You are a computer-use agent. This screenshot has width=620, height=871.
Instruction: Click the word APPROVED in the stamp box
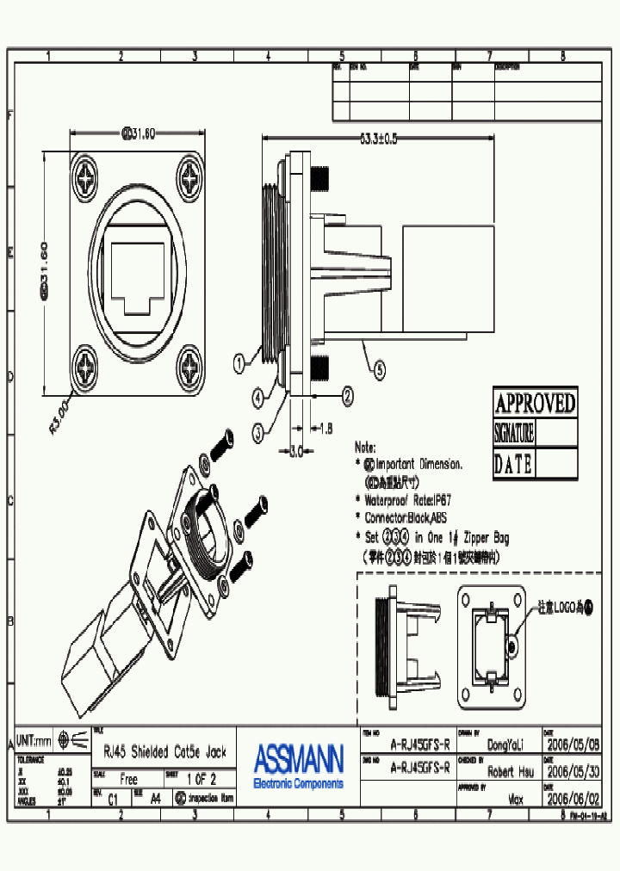click(x=535, y=402)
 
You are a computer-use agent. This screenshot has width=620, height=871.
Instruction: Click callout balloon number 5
click(x=380, y=372)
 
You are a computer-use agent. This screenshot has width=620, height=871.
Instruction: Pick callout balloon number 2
click(x=347, y=396)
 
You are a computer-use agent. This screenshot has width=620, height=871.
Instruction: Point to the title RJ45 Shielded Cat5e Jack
click(x=164, y=751)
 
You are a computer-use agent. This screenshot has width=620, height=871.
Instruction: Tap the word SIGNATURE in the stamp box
click(x=514, y=433)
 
